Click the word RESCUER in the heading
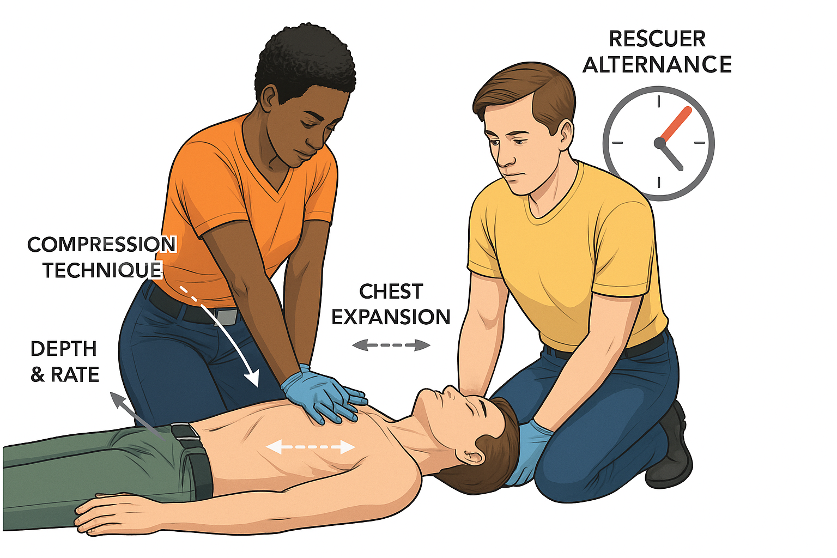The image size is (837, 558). (x=657, y=39)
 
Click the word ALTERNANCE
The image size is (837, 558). (x=657, y=65)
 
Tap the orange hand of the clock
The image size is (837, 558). (x=676, y=124)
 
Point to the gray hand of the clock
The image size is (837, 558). (x=671, y=156)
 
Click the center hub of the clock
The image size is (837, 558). (x=659, y=143)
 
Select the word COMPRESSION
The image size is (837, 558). (x=102, y=245)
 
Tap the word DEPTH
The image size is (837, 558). (x=64, y=349)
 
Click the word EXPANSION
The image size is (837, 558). (x=391, y=317)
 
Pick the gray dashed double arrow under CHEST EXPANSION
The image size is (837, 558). (x=391, y=345)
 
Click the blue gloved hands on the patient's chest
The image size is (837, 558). (x=323, y=397)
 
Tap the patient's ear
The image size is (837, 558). (x=471, y=457)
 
